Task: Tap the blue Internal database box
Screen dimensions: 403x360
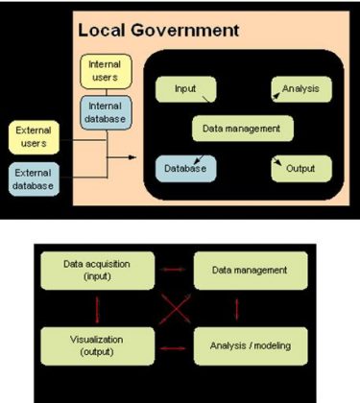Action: point(105,112)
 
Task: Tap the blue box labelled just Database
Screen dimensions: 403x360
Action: point(185,168)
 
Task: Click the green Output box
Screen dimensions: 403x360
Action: point(301,168)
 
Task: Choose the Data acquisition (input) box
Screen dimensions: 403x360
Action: point(96,270)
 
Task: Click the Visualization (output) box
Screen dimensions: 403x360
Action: point(96,344)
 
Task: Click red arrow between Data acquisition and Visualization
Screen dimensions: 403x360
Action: point(96,307)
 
